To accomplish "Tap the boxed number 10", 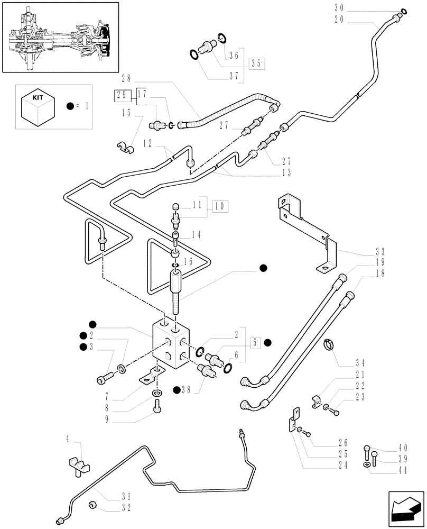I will pos(220,205).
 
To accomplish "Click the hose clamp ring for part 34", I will pos(329,345).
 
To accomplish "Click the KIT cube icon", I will pos(37,106).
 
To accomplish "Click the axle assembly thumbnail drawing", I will pos(60,38).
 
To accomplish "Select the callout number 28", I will pos(125,79).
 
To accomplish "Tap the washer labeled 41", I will pos(366,464).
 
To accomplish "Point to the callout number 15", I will pos(125,113).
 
